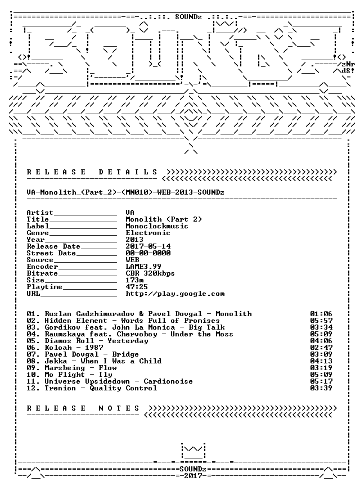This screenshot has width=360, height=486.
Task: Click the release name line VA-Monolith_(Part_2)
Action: [x=125, y=192]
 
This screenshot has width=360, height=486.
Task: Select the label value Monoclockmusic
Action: [x=156, y=226]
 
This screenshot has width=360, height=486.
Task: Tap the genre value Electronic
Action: [x=147, y=233]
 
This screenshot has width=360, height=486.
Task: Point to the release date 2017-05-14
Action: [x=148, y=246]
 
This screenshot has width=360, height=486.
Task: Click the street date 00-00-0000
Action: [x=148, y=253]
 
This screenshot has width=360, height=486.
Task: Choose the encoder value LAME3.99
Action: [x=143, y=267]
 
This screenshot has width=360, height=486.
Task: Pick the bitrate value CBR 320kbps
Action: [x=150, y=273]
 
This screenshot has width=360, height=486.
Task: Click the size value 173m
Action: [x=134, y=280]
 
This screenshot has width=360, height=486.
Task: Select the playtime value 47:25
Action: [x=137, y=287]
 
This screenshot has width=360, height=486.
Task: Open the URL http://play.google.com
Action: [x=175, y=294]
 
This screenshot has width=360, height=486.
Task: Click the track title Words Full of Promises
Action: [x=170, y=321]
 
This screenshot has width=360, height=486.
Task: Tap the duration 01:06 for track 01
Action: [x=321, y=314]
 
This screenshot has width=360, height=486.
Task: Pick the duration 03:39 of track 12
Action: [x=321, y=388]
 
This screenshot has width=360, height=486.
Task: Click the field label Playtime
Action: [x=44, y=287]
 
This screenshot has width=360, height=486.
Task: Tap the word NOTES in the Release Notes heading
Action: [x=119, y=408]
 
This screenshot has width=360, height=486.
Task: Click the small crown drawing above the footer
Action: [x=193, y=451]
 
